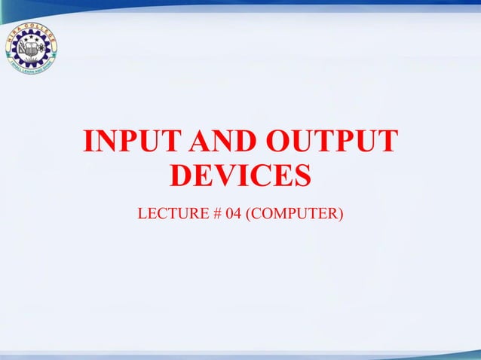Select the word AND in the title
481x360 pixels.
[212, 143]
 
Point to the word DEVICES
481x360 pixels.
[240, 177]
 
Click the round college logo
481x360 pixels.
[30, 47]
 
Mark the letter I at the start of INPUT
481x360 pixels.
[90, 143]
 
